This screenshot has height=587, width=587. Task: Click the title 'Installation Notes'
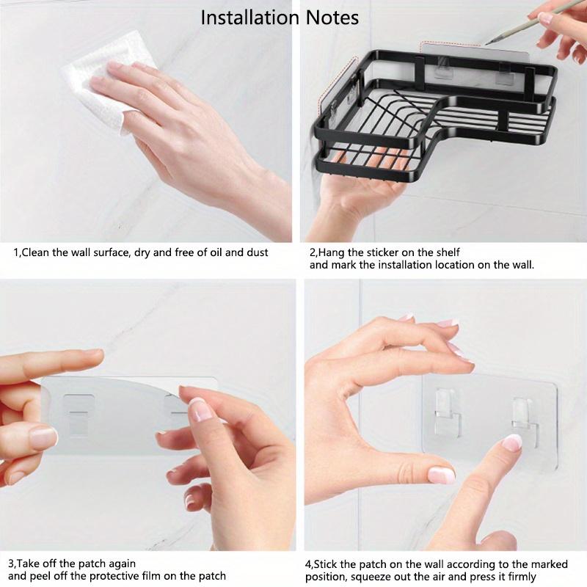click(x=280, y=17)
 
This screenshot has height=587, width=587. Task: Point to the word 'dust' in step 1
click(x=256, y=252)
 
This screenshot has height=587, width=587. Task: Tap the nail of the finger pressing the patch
click(x=512, y=442)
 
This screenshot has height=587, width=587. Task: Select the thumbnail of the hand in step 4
click(x=442, y=475)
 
